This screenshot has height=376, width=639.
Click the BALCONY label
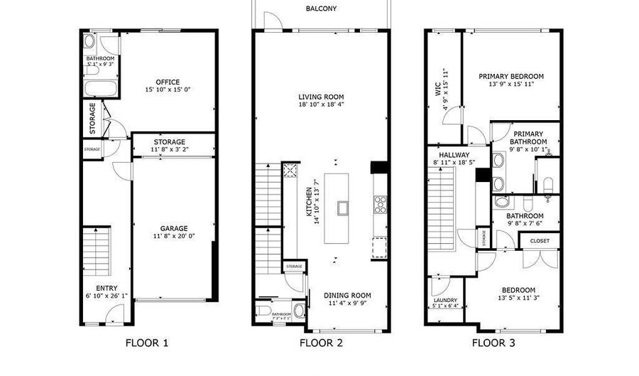pos(321,9)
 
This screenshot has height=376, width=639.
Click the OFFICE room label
pos(168,82)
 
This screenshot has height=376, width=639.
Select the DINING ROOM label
pos(347,295)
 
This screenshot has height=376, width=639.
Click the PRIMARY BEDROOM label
pos(510,76)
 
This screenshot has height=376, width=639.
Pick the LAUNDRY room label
pos(445,300)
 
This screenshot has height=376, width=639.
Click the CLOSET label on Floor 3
pos(539,241)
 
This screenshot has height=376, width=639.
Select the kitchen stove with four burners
pos(379,204)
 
